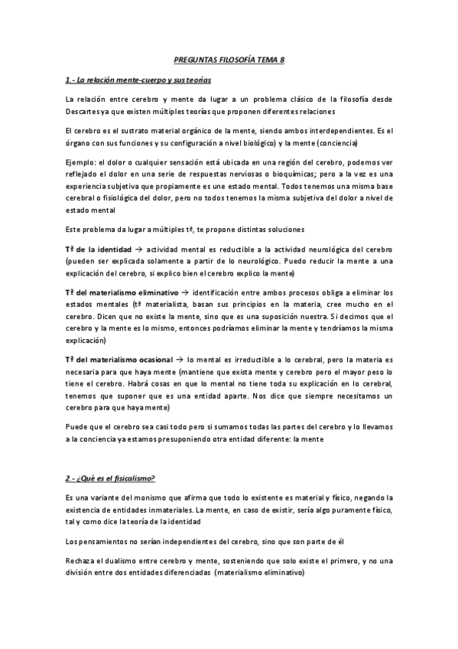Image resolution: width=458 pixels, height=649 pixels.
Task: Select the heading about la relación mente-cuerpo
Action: coord(138,79)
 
